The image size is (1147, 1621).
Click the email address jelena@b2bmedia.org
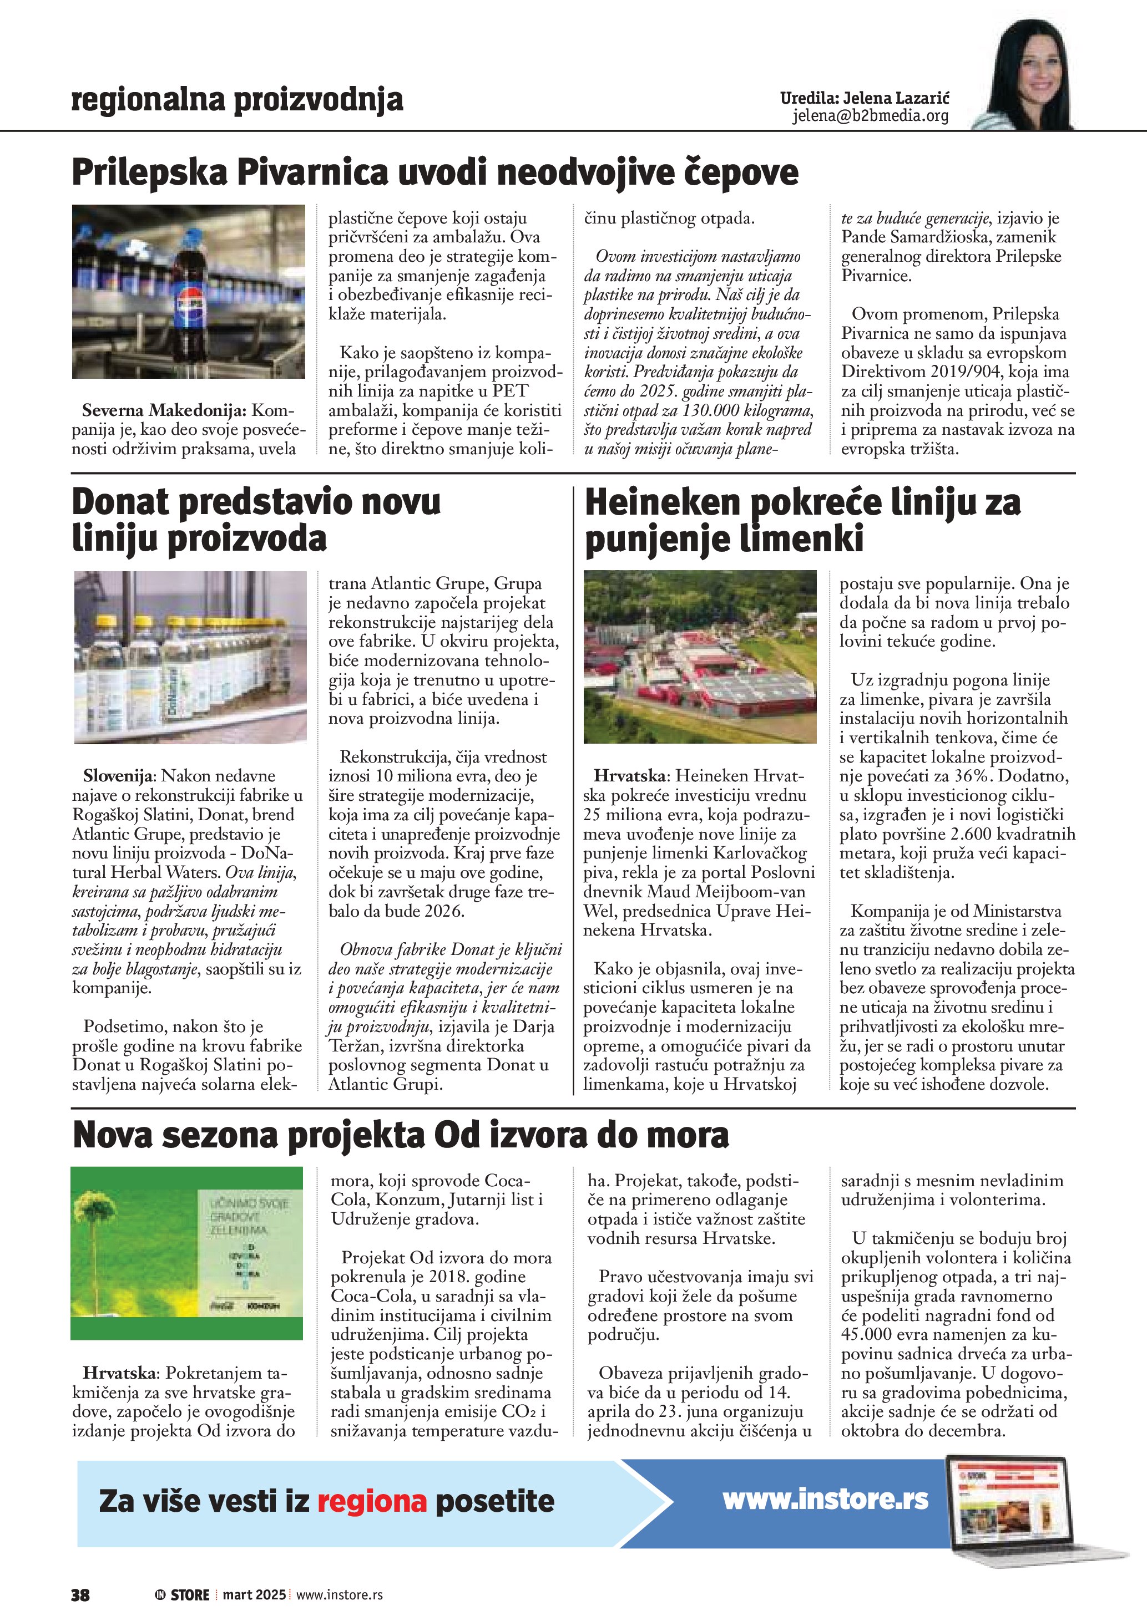coord(870,116)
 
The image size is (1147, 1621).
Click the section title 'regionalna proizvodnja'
coord(238,100)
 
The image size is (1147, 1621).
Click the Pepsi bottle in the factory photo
coord(190,297)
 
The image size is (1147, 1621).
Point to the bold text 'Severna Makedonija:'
coord(164,410)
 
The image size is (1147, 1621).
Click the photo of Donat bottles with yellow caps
coord(191,657)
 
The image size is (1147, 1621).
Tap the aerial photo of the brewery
coord(700,657)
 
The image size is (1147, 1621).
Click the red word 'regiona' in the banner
coord(371,1501)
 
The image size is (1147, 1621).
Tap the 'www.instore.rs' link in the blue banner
coord(825,1499)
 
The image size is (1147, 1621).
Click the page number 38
coord(80,1594)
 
